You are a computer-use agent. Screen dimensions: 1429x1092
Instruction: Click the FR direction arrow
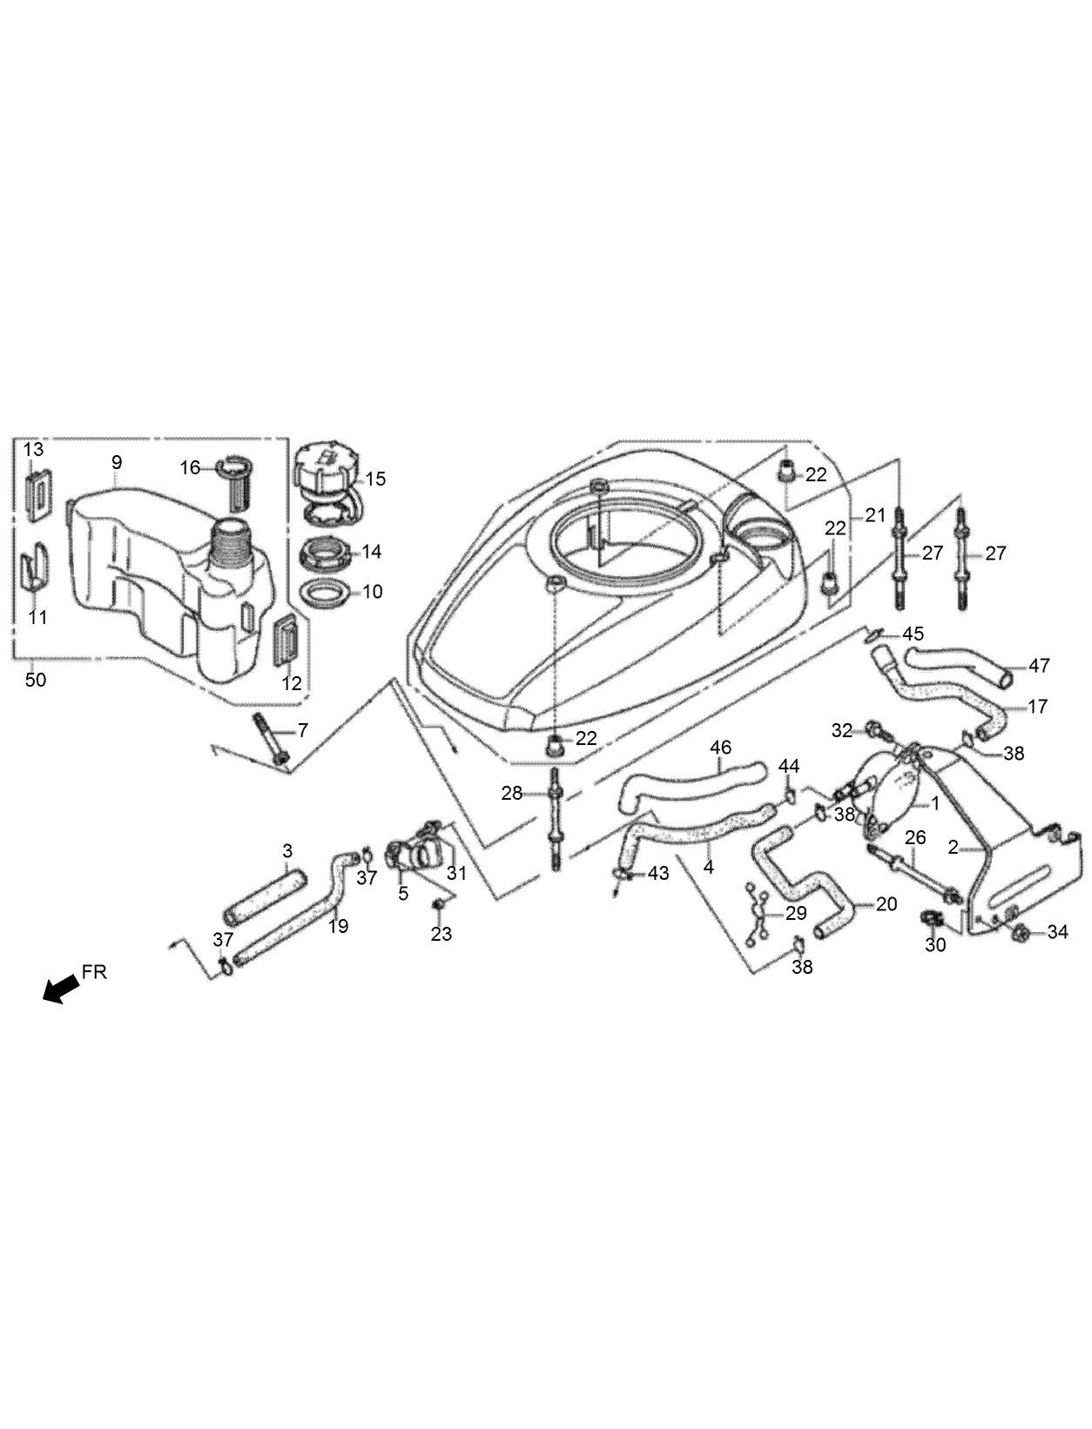59,990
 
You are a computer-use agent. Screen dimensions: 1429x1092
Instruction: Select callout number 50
35,679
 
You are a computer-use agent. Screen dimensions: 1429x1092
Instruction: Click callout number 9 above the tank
117,462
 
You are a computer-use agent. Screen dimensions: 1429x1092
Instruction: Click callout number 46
721,747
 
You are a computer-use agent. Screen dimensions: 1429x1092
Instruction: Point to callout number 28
511,793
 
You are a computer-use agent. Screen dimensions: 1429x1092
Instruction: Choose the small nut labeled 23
439,906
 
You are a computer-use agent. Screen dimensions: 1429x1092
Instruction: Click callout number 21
875,515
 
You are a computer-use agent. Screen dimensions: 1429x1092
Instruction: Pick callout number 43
657,872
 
